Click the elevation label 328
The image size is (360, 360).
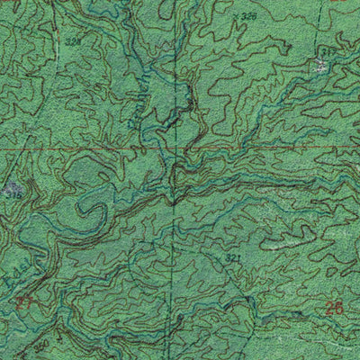point(73,42)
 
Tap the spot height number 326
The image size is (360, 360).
point(248,17)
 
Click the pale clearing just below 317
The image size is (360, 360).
point(320,67)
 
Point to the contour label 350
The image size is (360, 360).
point(41,346)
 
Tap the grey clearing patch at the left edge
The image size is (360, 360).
point(11,190)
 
